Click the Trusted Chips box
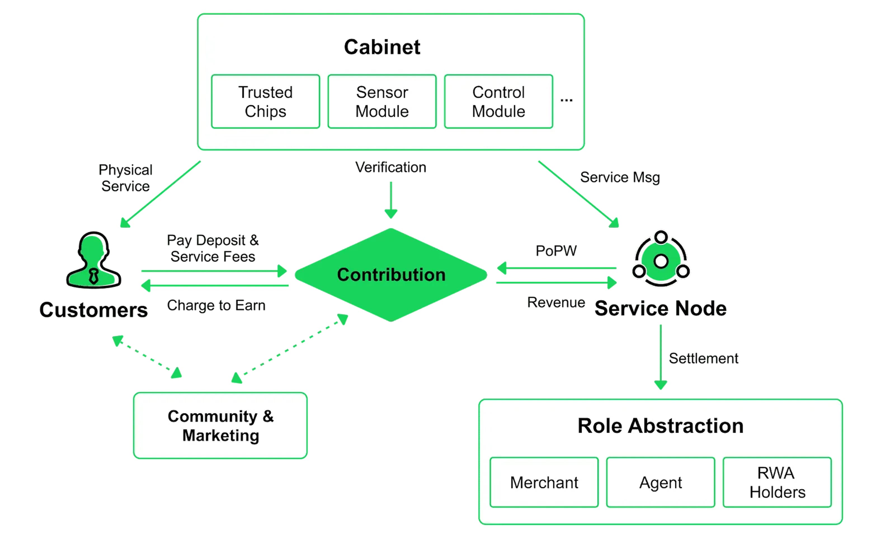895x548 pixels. tap(265, 102)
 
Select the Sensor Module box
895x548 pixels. tap(382, 102)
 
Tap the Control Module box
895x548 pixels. tap(499, 102)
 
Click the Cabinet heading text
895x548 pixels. tap(382, 47)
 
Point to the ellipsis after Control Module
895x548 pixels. tap(566, 100)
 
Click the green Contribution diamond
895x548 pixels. tap(391, 275)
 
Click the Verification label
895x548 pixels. tap(391, 167)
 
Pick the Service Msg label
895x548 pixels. tap(620, 178)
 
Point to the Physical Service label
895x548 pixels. tap(126, 178)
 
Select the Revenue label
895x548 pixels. tap(556, 303)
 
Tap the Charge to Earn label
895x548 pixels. tap(216, 305)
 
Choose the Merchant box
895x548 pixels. tap(544, 483)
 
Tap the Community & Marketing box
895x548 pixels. tap(220, 426)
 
